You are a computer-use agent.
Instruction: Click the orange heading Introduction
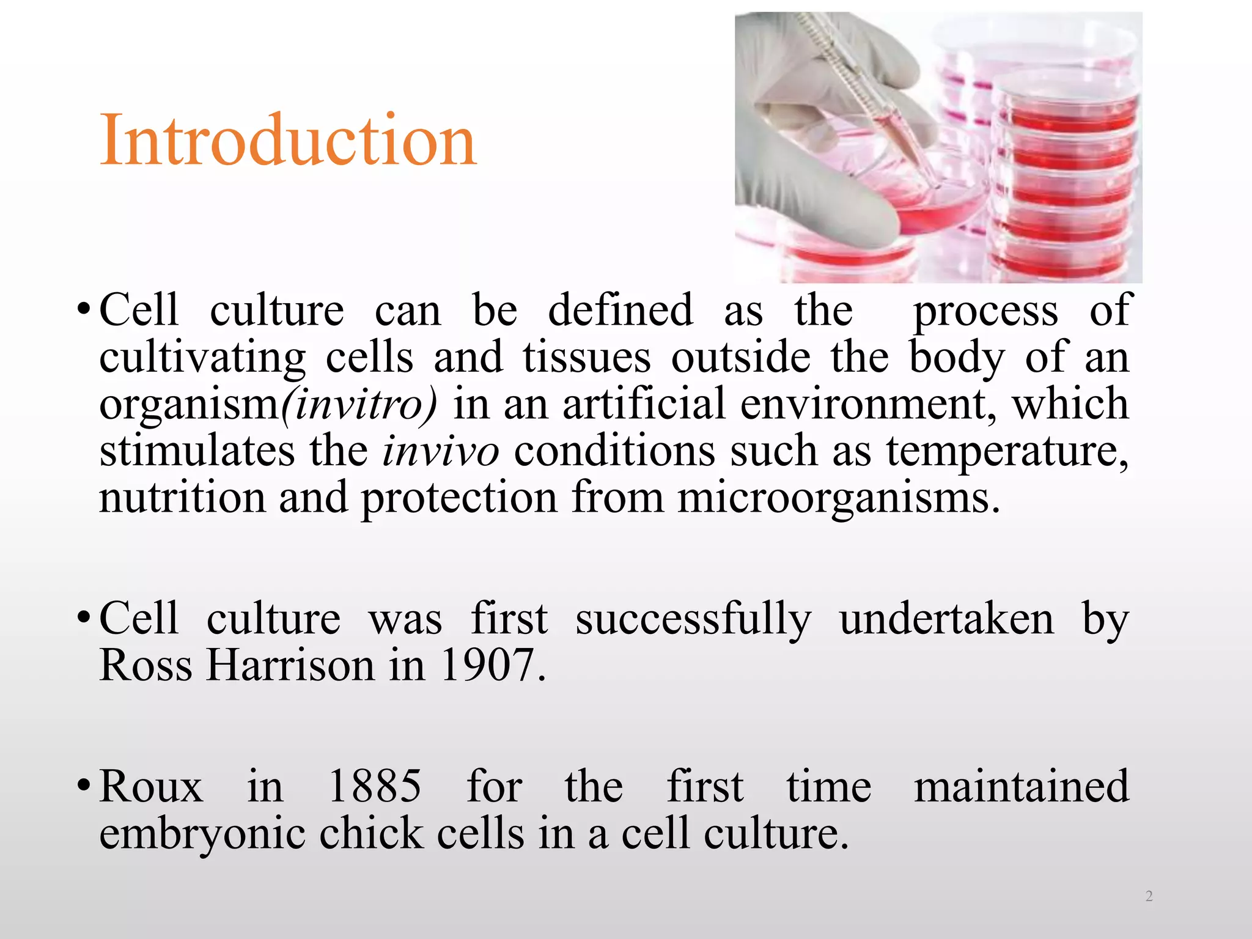287,141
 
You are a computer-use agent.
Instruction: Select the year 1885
374,786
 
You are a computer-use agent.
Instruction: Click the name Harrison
290,665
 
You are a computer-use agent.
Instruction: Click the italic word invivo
440,452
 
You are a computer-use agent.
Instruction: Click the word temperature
1006,452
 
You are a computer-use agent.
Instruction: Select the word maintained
1021,786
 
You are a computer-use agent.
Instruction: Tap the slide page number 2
1149,896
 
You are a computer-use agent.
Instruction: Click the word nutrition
182,498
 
